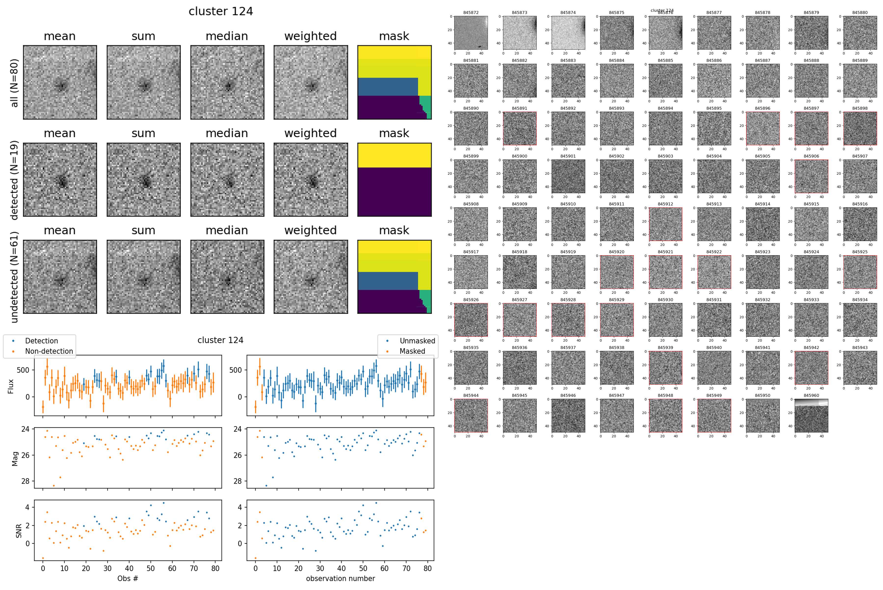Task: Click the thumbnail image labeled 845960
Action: click(811, 416)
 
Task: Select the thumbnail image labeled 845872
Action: click(471, 33)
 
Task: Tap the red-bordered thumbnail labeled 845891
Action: click(519, 128)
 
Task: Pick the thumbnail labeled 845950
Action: click(763, 416)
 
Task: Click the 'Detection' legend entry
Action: click(41, 341)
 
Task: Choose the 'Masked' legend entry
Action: click(412, 351)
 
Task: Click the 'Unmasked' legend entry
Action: click(417, 341)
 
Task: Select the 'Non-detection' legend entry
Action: click(49, 351)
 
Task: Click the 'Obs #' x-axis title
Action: click(128, 578)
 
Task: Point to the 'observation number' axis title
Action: click(340, 578)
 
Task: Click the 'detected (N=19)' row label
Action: click(14, 180)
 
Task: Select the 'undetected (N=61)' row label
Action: click(14, 277)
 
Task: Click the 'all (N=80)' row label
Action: click(14, 83)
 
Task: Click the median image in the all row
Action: click(227, 82)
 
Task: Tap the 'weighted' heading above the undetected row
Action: click(310, 230)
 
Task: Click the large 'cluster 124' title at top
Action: click(221, 11)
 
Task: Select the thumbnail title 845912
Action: click(665, 204)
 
